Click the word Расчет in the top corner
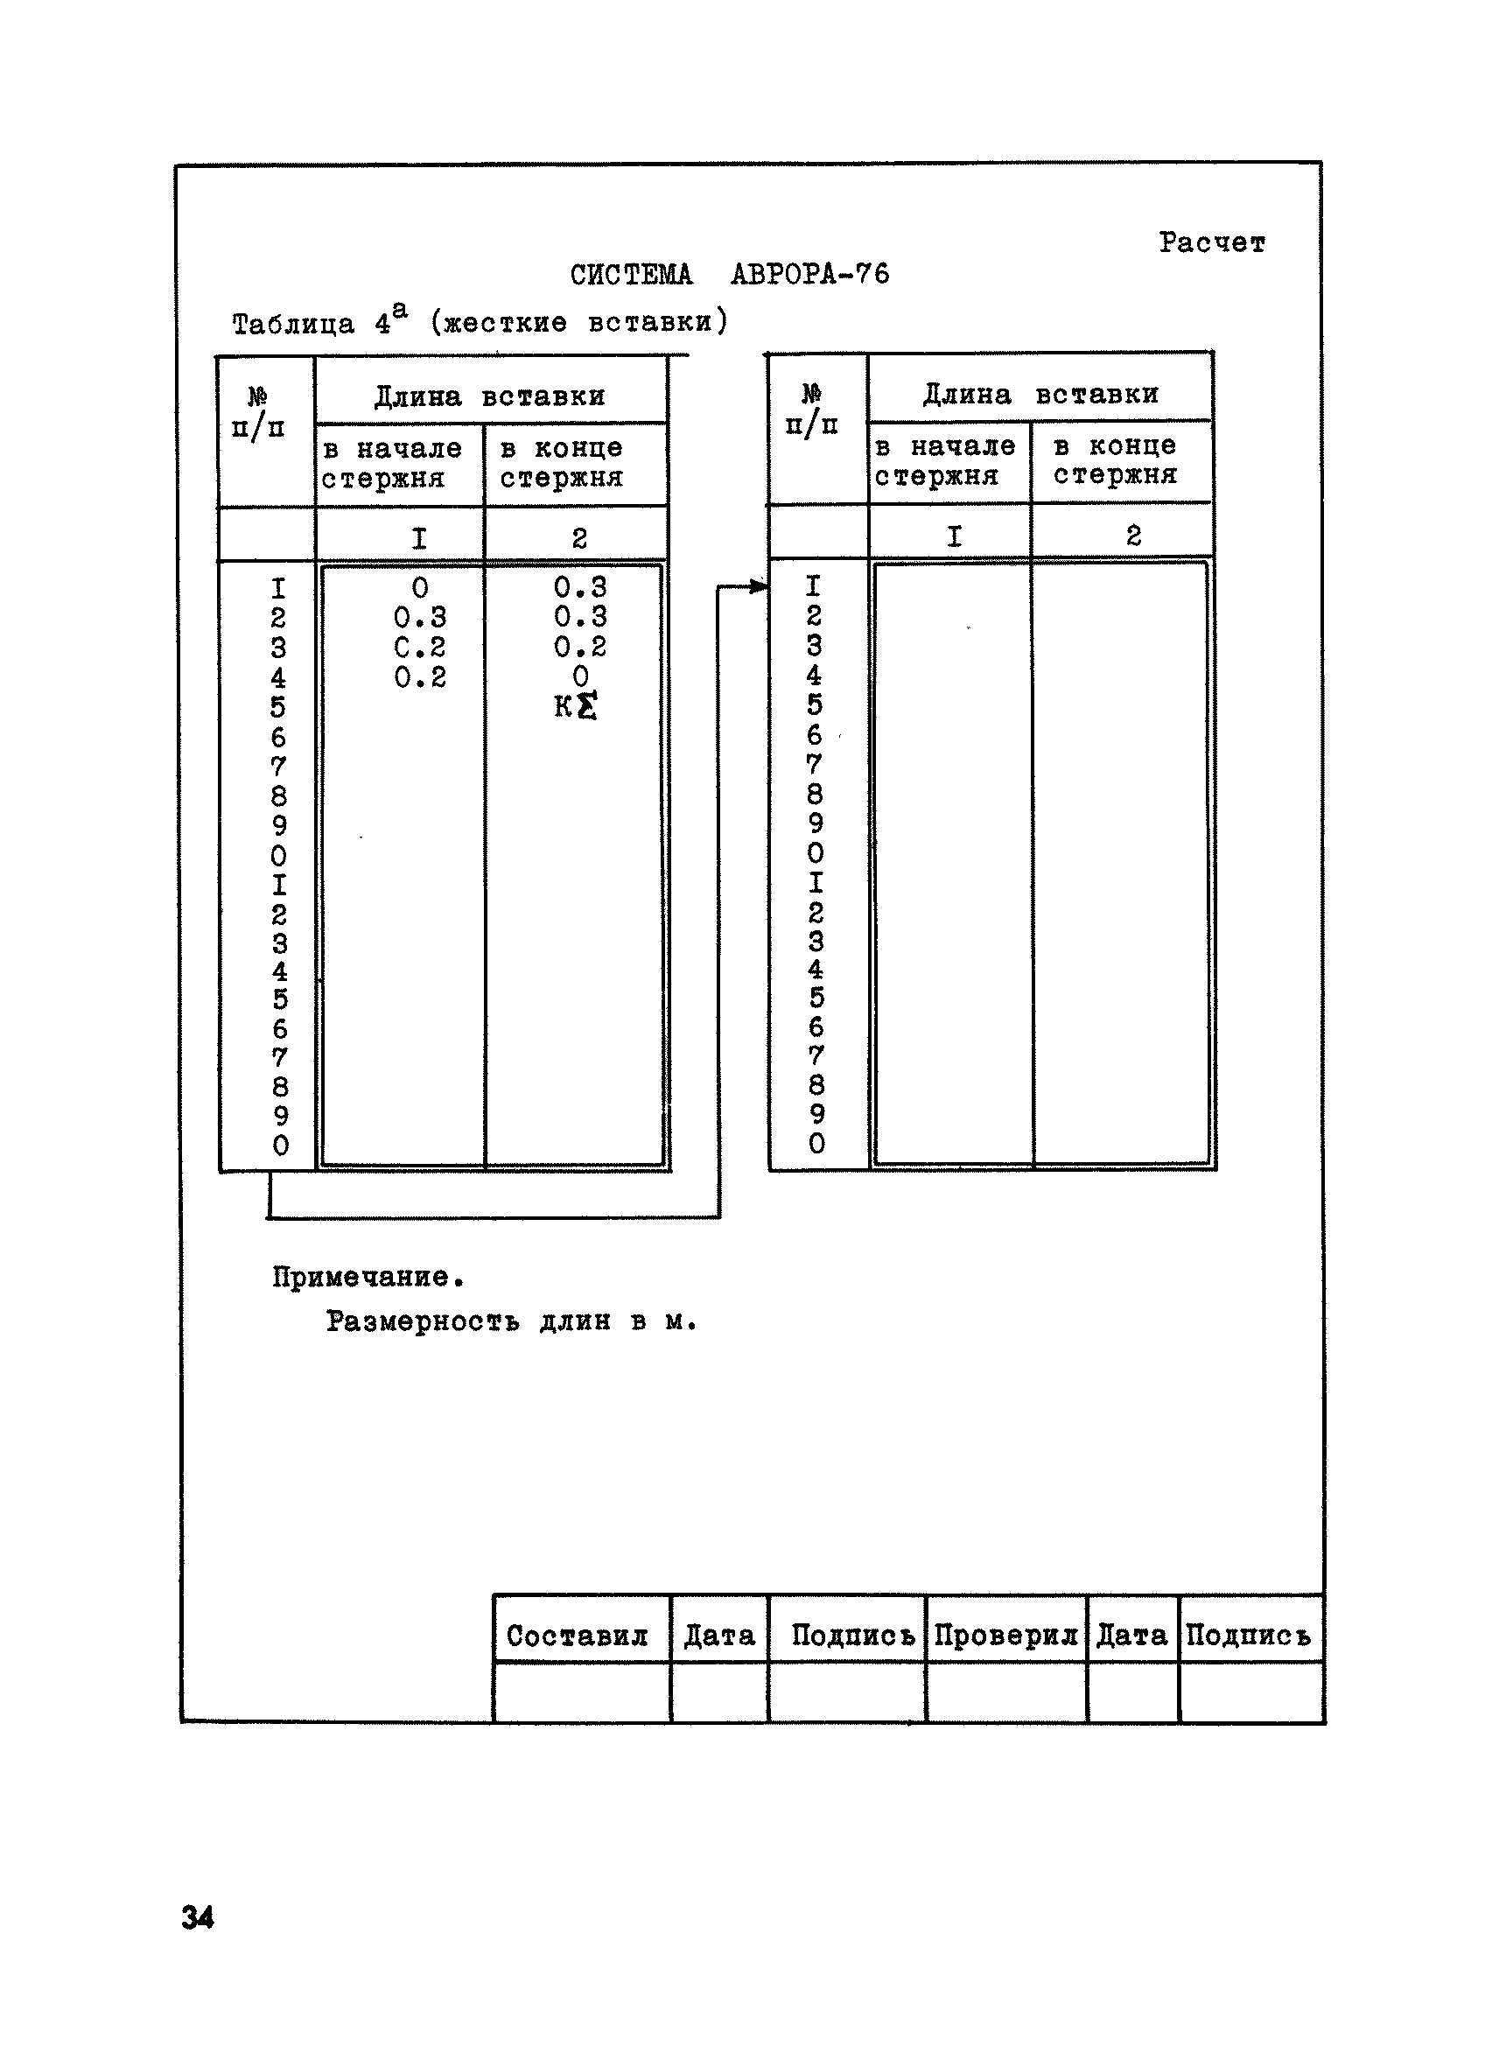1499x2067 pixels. tap(1211, 243)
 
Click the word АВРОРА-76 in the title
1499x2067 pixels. tap(809, 274)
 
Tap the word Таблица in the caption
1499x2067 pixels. tap(292, 324)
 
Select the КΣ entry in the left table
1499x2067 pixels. tap(576, 706)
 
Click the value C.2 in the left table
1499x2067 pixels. tap(419, 647)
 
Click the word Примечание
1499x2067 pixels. tap(368, 1277)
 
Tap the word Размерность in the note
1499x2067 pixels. tap(422, 1321)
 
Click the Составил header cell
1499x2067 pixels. tap(577, 1636)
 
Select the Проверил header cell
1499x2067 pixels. tap(1005, 1636)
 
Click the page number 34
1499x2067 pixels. tap(198, 1917)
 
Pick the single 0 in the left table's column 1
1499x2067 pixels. tap(419, 588)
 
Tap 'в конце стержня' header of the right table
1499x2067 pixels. tap(1117, 460)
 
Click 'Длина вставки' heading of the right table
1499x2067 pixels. tap(1040, 395)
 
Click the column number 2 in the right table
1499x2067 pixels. tap(1132, 535)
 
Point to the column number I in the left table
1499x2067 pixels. tap(419, 537)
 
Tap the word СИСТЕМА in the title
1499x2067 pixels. tap(631, 274)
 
